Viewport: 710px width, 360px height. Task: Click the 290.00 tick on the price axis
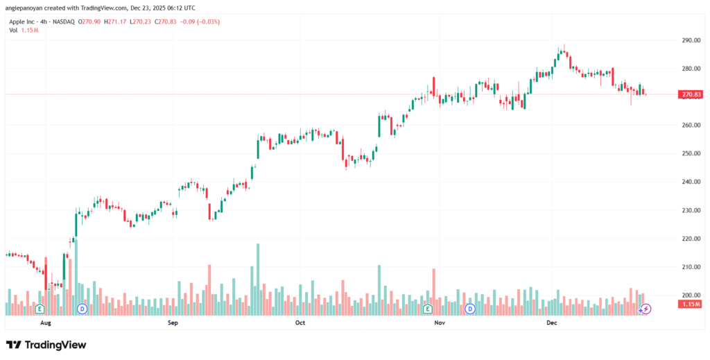tap(691, 40)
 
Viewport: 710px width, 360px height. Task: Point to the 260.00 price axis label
tap(691, 126)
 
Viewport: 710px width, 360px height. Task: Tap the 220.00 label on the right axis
tap(691, 239)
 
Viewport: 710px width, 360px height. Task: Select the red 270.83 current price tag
tap(692, 94)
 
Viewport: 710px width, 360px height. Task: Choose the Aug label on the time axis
tap(46, 323)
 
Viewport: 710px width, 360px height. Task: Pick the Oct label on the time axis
tap(300, 323)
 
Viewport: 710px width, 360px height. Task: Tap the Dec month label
tap(553, 323)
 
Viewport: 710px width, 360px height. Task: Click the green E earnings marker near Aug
tap(40, 308)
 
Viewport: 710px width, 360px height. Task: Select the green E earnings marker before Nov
tap(428, 308)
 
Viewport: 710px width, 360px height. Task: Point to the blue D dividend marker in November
tap(470, 308)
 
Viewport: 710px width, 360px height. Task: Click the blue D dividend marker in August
tap(82, 308)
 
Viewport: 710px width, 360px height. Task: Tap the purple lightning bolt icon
tap(646, 308)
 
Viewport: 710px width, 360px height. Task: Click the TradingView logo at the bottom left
tap(46, 345)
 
